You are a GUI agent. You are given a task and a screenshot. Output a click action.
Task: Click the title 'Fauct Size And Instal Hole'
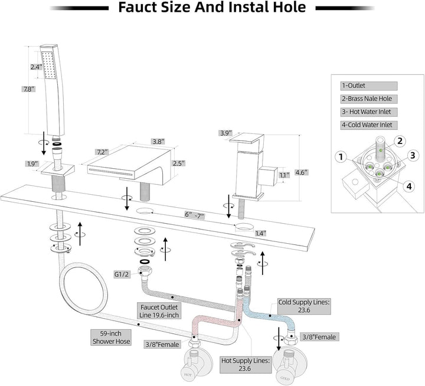212,8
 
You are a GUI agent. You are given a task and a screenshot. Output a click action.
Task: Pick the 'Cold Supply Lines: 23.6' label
305,305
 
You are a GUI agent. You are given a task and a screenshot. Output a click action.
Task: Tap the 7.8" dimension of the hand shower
29,89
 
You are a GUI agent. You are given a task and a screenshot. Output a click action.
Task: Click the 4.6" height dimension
319,173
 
